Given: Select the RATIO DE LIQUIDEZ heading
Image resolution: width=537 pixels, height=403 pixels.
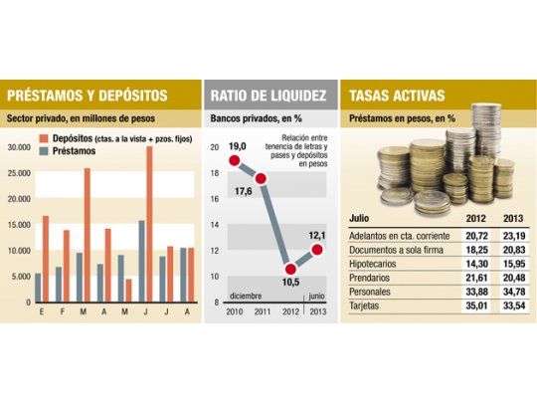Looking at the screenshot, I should point(267,97).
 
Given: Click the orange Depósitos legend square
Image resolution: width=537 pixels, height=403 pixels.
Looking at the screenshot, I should point(44,136).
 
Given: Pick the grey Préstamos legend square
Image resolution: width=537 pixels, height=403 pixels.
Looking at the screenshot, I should point(44,150).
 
